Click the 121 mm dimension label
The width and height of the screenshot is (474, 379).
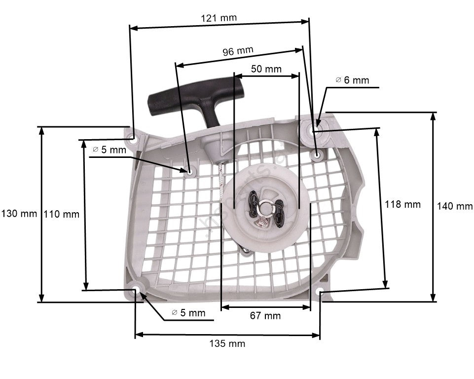coord(219,18)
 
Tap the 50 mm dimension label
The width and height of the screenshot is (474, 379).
coord(266,69)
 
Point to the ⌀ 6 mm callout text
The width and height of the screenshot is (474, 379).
coord(352,80)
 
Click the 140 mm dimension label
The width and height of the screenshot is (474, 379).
coord(454,206)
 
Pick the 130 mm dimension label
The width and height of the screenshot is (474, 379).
coord(19,214)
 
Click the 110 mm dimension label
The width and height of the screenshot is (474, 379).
coord(61,214)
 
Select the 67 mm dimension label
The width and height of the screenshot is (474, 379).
coord(265,316)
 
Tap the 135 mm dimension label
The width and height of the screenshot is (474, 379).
coord(227,343)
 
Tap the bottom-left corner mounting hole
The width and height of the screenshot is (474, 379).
coord(136,290)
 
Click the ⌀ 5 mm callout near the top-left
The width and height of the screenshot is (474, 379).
coord(109,150)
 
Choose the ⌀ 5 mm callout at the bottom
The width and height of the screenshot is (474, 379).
coord(188,312)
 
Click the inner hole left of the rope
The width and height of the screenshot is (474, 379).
coord(190,171)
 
